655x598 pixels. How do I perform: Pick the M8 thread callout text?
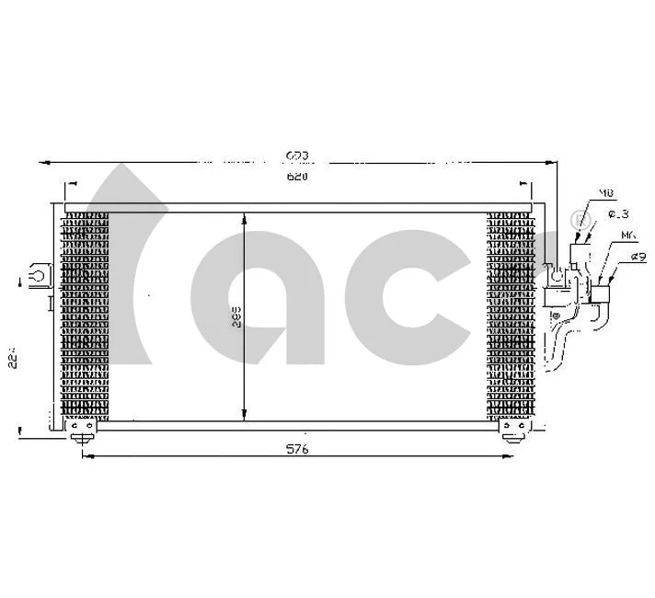[606, 193]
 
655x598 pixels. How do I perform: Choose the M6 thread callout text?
[628, 236]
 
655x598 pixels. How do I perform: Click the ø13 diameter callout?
[617, 215]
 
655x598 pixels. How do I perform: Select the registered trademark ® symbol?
[578, 220]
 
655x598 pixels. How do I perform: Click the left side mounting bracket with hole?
[39, 273]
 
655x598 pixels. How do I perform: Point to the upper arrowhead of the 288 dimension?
[243, 218]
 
